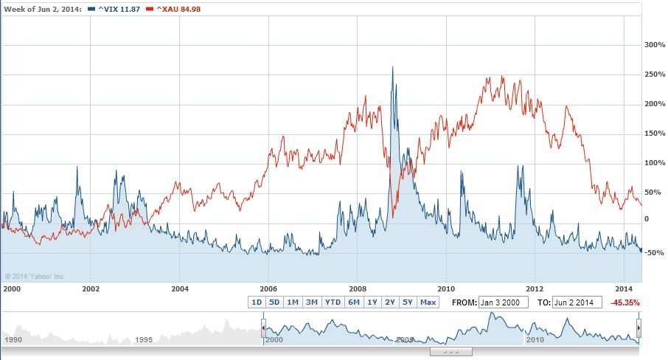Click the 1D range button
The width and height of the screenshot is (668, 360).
point(257,302)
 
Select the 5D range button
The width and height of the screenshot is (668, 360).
point(274,302)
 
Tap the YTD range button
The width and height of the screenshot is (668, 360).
point(333,302)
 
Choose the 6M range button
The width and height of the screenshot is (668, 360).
point(354,302)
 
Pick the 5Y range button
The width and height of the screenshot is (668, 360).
point(408,302)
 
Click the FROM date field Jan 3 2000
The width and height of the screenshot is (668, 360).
point(504,302)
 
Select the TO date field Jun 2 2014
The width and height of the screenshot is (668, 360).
point(577,302)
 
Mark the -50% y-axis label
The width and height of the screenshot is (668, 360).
point(655,253)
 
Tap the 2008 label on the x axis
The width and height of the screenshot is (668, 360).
point(358,288)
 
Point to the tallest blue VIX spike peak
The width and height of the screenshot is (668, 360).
point(392,68)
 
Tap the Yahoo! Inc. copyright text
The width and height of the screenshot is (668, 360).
point(35,277)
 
